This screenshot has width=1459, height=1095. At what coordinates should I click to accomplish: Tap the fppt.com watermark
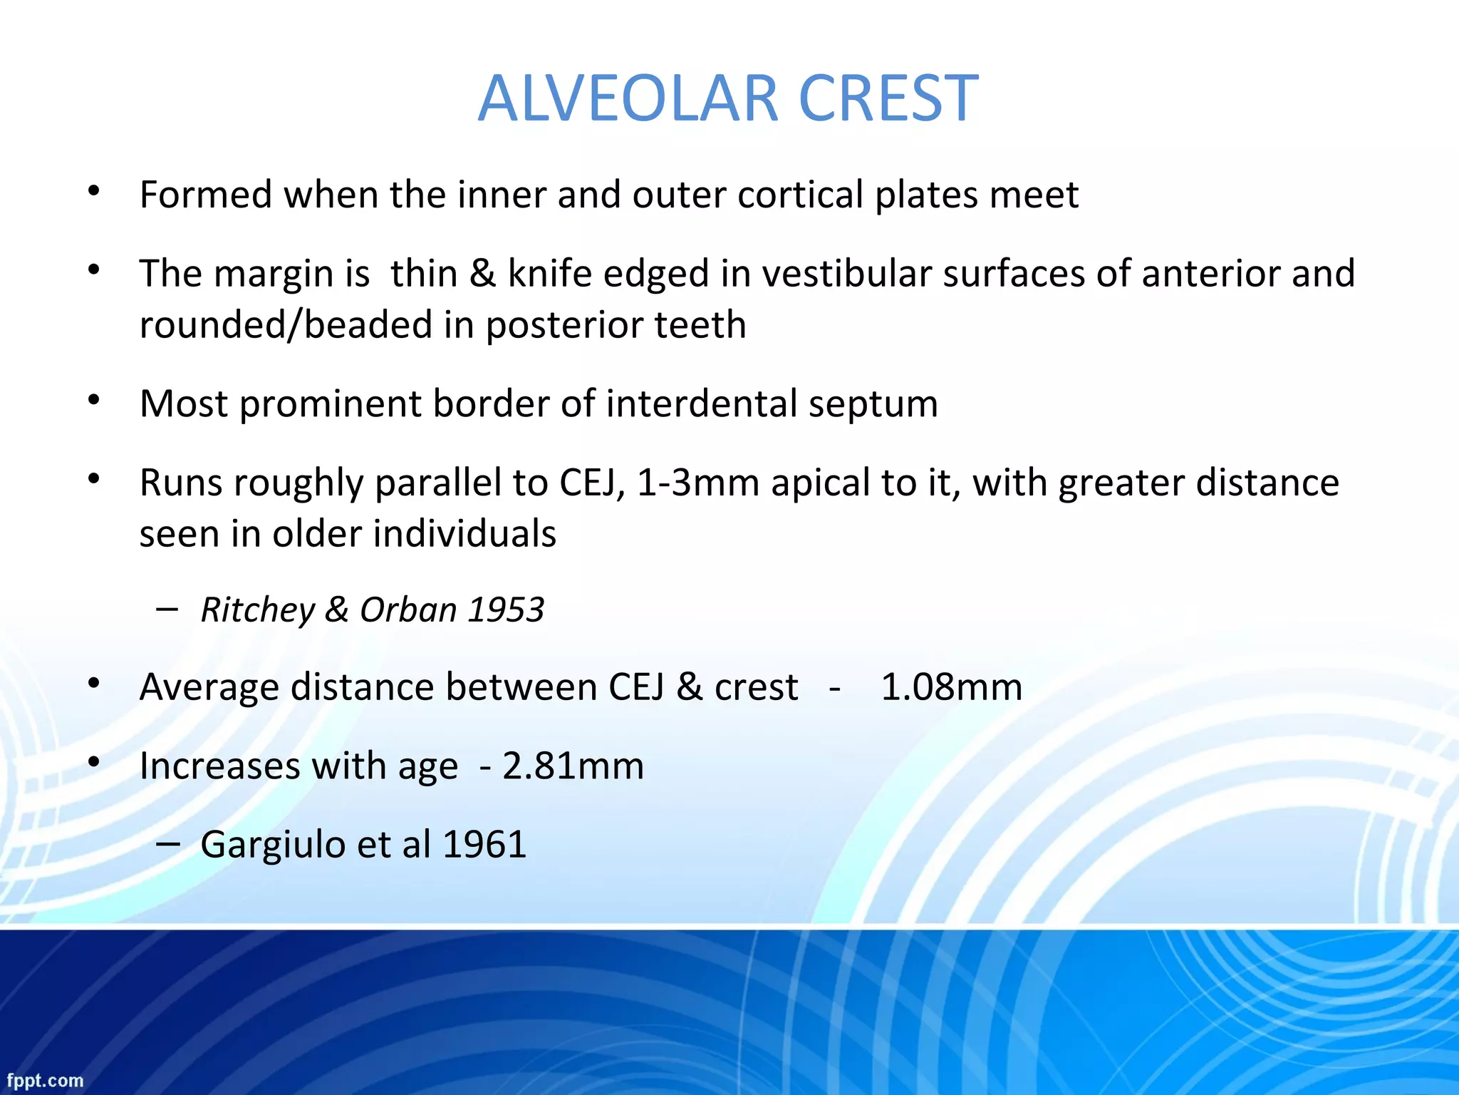[x=45, y=1081]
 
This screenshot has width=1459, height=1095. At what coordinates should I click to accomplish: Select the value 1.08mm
[x=951, y=687]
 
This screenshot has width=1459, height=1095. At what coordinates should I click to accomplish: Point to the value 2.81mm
[x=573, y=766]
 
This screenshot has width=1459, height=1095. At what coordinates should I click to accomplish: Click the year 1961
[x=484, y=845]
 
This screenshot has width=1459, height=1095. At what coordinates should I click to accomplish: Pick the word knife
[x=549, y=274]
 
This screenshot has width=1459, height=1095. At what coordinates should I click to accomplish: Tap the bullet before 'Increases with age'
[x=93, y=762]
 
